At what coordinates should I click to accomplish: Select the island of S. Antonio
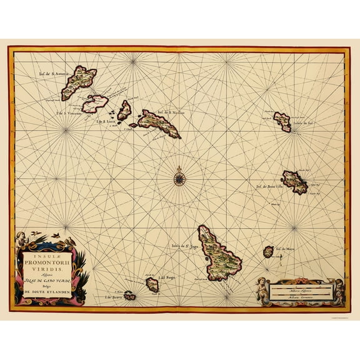79,82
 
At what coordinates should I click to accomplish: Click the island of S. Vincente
95,103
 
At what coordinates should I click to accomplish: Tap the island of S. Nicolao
159,122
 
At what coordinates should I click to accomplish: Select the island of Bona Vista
294,182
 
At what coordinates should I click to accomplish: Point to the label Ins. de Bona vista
268,186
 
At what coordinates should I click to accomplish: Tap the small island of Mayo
269,252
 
